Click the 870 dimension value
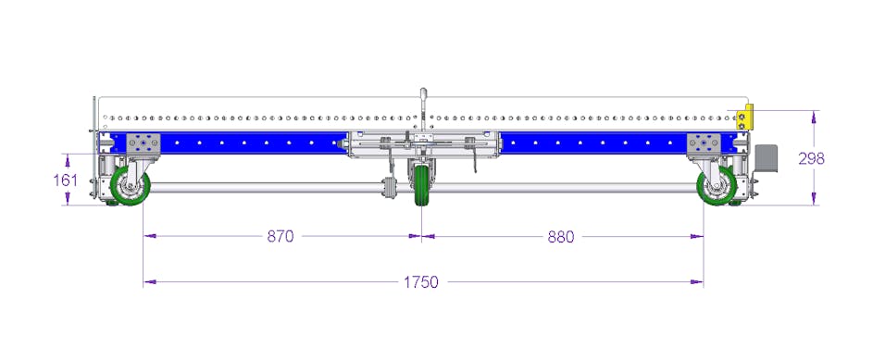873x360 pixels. pyautogui.click(x=281, y=237)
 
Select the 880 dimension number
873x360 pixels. pyautogui.click(x=561, y=237)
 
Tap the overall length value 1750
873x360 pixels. pyautogui.click(x=421, y=282)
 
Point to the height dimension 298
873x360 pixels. pyautogui.click(x=811, y=158)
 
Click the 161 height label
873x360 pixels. pyautogui.click(x=65, y=180)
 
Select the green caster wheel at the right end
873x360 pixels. pyautogui.click(x=717, y=186)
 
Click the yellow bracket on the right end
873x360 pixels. pyautogui.click(x=744, y=117)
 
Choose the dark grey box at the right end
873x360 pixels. pyautogui.click(x=767, y=158)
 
